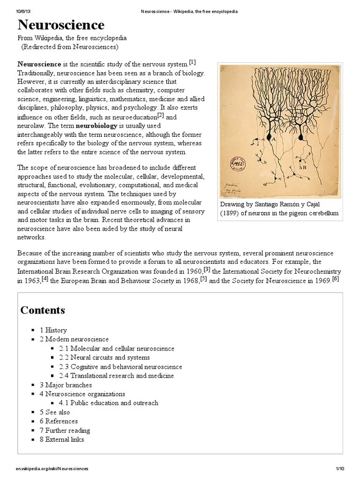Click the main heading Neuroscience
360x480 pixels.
click(61, 25)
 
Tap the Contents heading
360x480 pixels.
click(43, 310)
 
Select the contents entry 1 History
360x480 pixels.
click(53, 330)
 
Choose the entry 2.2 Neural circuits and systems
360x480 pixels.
click(105, 358)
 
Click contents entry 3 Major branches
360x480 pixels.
click(66, 385)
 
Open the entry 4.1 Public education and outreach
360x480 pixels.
click(108, 403)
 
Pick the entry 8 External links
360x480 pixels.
click(62, 440)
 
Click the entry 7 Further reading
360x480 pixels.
click(65, 430)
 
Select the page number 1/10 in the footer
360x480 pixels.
click(340, 469)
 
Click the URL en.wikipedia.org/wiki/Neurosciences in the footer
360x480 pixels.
click(52, 469)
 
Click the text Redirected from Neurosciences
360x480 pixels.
click(70, 47)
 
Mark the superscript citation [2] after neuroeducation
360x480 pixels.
click(160, 115)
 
